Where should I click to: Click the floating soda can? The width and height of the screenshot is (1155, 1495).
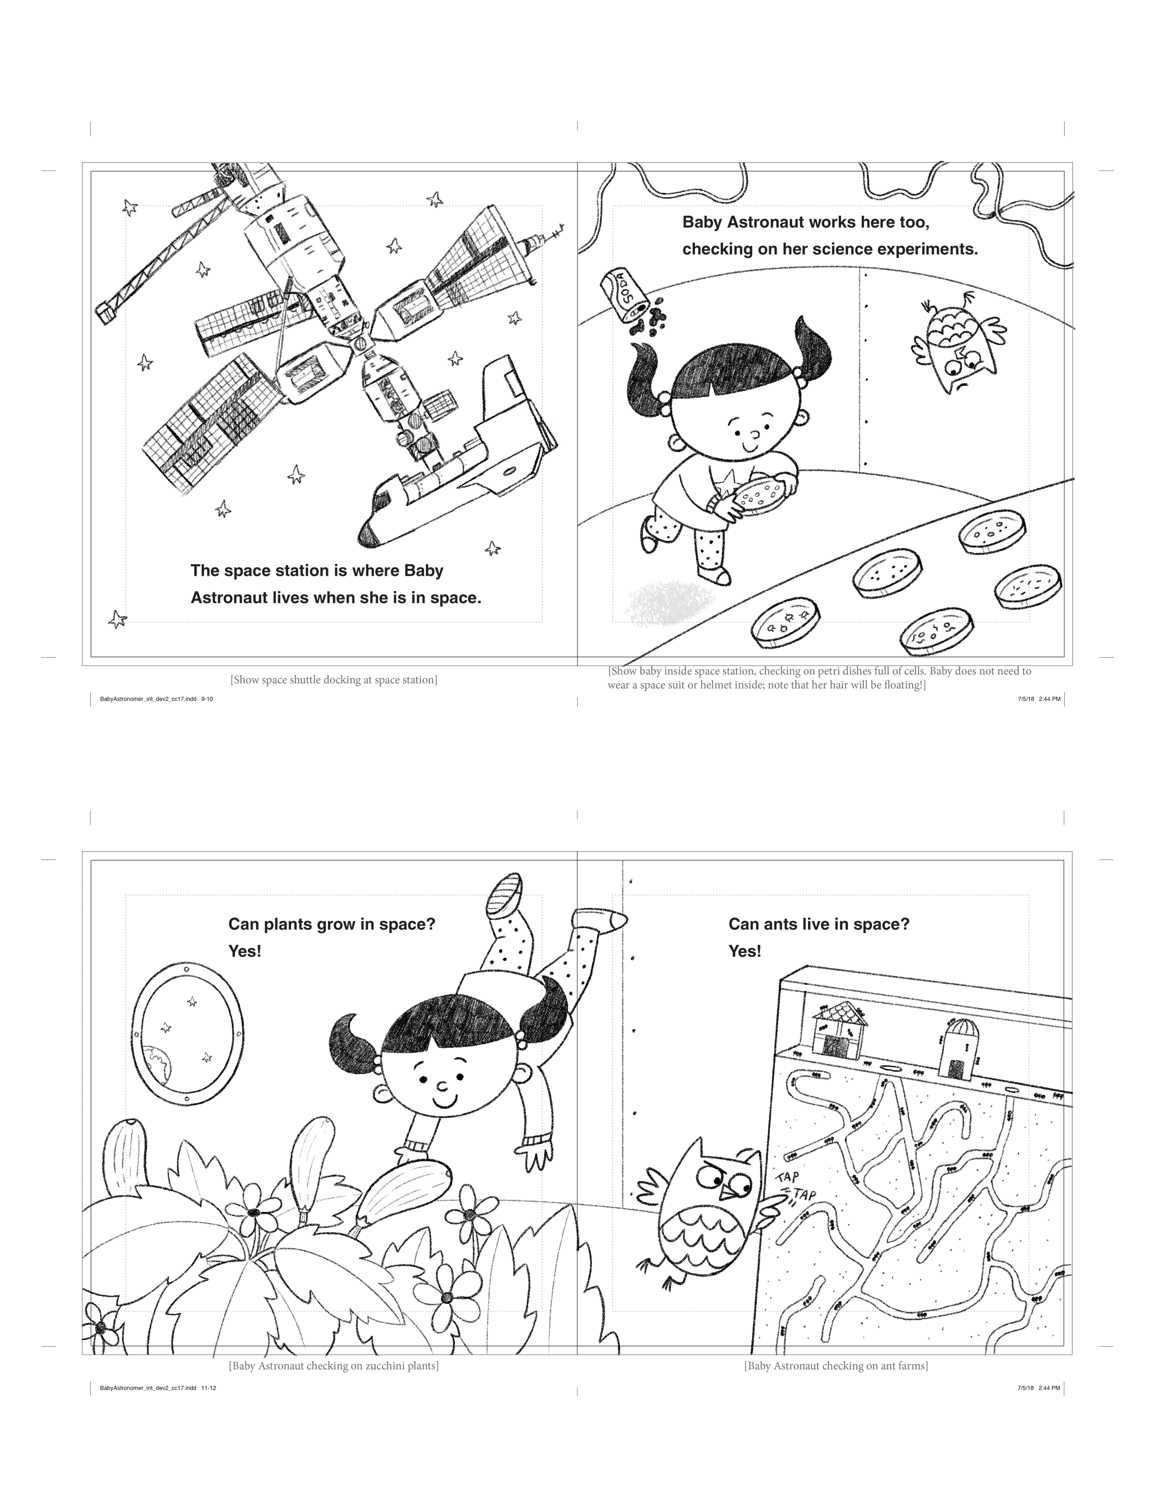pyautogui.click(x=624, y=295)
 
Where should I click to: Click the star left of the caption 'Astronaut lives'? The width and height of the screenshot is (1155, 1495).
pyautogui.click(x=118, y=619)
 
